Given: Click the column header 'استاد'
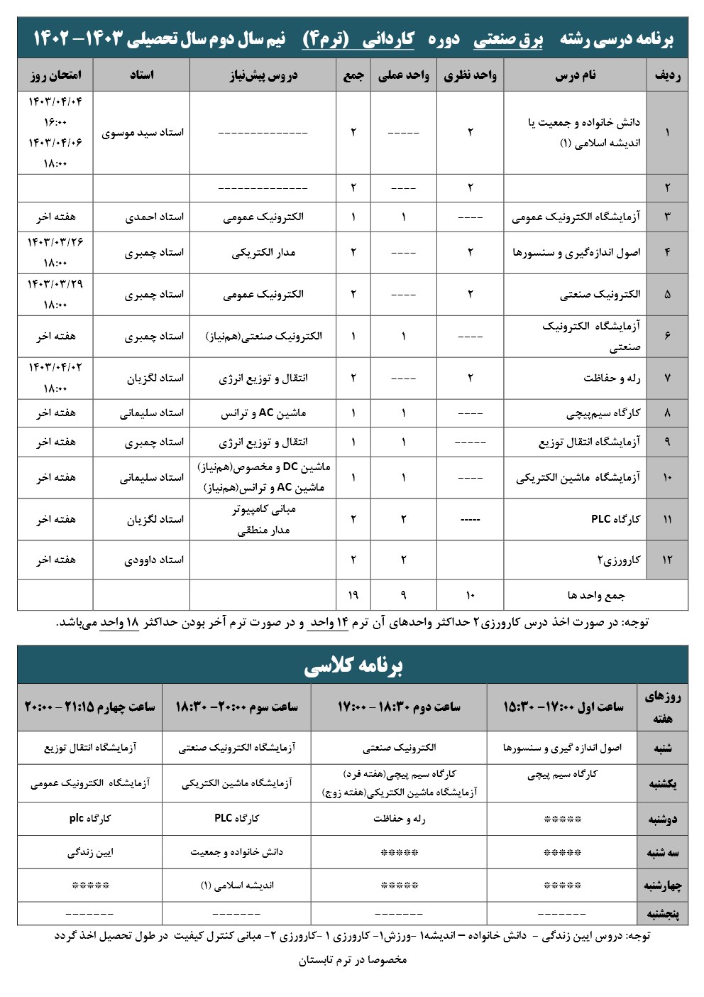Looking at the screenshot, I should pos(141,75).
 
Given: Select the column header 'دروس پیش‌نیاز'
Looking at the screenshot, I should pos(263,75).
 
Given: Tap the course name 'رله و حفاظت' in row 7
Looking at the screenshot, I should pos(612,378).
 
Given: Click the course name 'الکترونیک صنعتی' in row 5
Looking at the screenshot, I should pos(600,294).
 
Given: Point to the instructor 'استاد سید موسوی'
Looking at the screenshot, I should pos(143,133).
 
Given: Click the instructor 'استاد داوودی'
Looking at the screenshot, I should pos(154,560).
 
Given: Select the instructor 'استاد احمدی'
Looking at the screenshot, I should pos(154,217).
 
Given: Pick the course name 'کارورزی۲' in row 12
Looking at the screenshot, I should pos(618,560).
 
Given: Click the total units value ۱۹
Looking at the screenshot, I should pos(353,595).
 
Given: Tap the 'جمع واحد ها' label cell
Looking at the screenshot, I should pos(596,595).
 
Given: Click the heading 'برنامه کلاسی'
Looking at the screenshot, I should pos(353,665).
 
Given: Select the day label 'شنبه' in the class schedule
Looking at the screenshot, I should pos(662,748).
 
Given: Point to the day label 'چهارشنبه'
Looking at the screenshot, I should pos(662,886).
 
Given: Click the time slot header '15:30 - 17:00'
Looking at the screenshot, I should pos(563,707).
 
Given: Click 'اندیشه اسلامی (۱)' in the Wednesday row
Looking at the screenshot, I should pos(236,886).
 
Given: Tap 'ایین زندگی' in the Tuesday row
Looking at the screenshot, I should pos(90,852).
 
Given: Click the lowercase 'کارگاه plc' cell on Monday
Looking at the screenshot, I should pos(90,818).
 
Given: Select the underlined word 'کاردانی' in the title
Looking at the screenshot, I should pos(387,40).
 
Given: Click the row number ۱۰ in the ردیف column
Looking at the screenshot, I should pos(667,477).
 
